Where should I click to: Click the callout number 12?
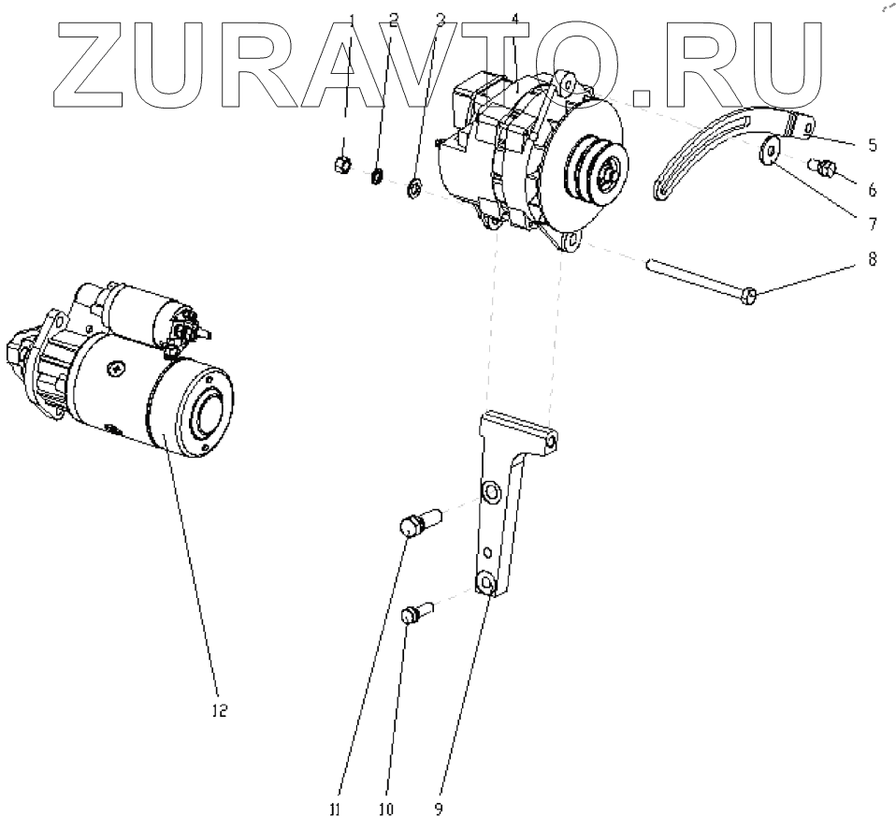click(217, 710)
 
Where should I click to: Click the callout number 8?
click(872, 261)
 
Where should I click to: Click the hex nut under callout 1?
click(341, 166)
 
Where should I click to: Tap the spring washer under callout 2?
click(379, 175)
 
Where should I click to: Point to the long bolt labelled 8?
click(701, 282)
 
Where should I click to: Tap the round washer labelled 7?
click(772, 150)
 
